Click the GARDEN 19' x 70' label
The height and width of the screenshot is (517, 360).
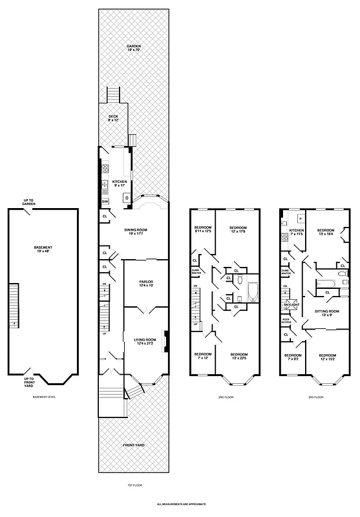(134, 48)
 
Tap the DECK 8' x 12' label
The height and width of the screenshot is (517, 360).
(114, 118)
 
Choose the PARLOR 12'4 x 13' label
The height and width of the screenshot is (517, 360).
(145, 284)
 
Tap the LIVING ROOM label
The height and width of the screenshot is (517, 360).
(144, 340)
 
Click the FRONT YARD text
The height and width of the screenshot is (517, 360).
(134, 445)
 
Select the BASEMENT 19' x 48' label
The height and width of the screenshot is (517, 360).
(43, 249)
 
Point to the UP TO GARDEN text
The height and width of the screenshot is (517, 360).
(28, 202)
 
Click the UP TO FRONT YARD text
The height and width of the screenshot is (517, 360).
(28, 381)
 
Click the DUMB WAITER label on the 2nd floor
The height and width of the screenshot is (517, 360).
(196, 271)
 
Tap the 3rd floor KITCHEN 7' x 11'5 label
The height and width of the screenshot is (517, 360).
(296, 233)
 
